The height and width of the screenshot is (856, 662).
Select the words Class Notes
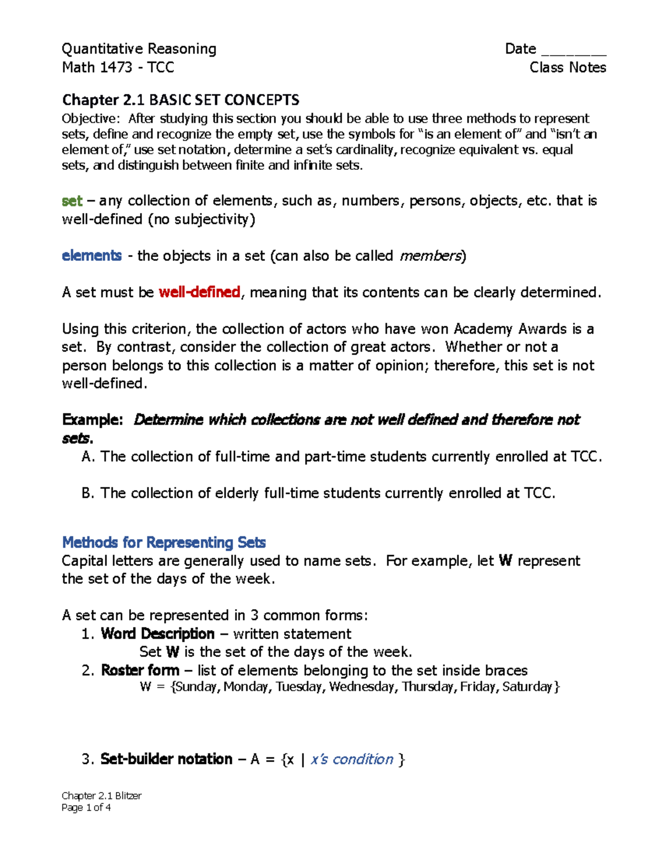[x=568, y=68]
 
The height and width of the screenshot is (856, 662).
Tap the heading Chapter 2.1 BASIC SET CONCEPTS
[x=180, y=100]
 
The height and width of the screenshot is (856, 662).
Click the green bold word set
[x=72, y=201]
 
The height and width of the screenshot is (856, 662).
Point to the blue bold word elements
[x=92, y=256]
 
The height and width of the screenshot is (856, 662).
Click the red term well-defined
[x=199, y=292]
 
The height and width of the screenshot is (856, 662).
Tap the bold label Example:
[x=92, y=420]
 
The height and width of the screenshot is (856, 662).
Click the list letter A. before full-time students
[x=88, y=457]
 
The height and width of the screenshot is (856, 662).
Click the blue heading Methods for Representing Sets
[x=164, y=542]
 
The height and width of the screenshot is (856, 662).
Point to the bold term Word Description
[x=158, y=634]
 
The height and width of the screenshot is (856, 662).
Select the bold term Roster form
[x=140, y=671]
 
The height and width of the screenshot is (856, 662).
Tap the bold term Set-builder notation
[x=166, y=760]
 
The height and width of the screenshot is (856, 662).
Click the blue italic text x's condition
[x=352, y=760]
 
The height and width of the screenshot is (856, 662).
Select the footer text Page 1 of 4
[x=87, y=808]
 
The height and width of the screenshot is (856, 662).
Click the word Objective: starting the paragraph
[x=90, y=119]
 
